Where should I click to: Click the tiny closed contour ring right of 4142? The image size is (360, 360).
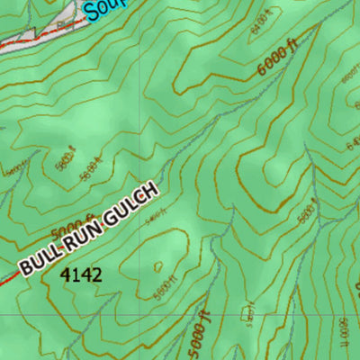[x=158, y=265]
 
